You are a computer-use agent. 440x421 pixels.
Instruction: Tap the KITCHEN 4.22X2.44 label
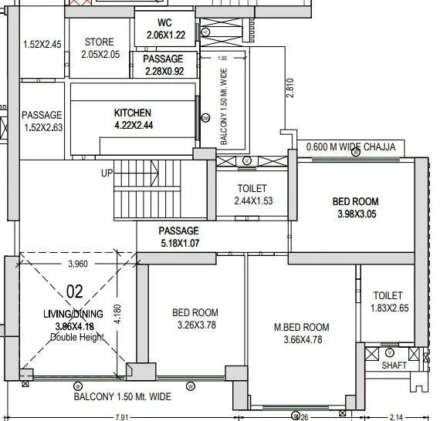[133, 119]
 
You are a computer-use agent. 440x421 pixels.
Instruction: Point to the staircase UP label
[107, 173]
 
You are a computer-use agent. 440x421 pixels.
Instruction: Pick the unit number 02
[75, 291]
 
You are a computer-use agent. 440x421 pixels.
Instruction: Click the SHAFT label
[394, 365]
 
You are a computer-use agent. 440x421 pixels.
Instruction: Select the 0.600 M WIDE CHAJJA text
[350, 147]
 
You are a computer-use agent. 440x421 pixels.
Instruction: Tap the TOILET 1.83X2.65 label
[388, 301]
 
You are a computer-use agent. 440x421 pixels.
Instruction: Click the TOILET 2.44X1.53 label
[252, 194]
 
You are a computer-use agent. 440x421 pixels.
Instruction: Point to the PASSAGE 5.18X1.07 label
[179, 237]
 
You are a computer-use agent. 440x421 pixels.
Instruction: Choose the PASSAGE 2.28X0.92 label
[164, 66]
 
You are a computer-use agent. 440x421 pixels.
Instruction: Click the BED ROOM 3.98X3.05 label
[356, 207]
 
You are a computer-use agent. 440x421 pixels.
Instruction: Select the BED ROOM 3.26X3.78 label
[195, 319]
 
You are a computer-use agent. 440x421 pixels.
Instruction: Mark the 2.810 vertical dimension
[290, 86]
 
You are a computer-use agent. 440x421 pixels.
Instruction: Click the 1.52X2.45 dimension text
[42, 44]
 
